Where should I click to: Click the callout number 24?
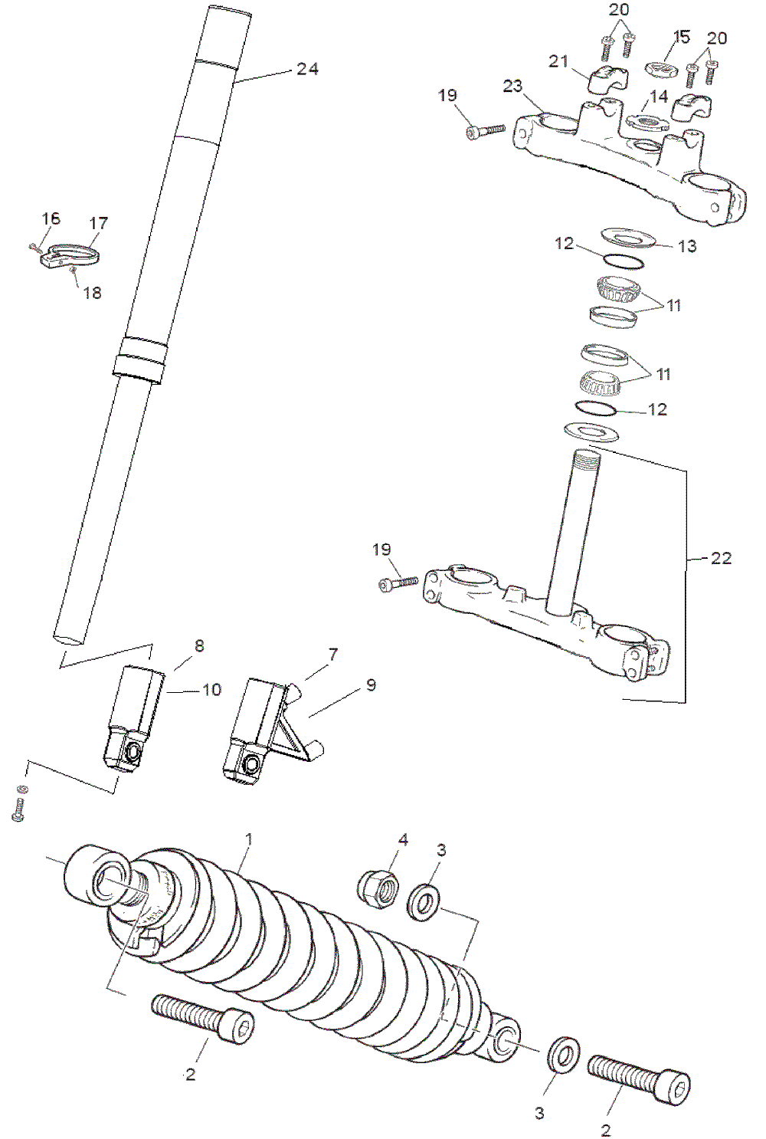tap(307, 69)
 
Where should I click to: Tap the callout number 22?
tap(721, 558)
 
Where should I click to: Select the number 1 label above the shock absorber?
tap(248, 839)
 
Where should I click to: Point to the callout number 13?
tap(687, 246)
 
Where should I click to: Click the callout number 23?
tap(512, 87)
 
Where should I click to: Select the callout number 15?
tap(681, 37)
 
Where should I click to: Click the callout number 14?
tap(659, 97)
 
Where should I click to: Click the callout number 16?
tap(51, 219)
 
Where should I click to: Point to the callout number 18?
tap(92, 293)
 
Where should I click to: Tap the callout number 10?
tap(211, 690)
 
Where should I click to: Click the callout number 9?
tap(371, 684)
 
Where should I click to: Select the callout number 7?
tap(333, 655)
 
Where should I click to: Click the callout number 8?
tap(199, 645)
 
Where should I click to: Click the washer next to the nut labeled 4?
tap(423, 901)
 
